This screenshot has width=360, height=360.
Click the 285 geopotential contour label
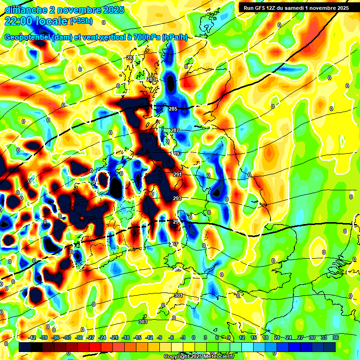click(x=173, y=109)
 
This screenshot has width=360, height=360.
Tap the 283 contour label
click(x=151, y=80)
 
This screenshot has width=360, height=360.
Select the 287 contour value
click(x=175, y=130)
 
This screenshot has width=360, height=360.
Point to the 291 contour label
click(x=178, y=174)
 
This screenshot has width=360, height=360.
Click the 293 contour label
click(x=177, y=198)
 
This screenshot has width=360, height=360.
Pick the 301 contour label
click(x=178, y=295)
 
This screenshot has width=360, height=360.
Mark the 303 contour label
click(x=143, y=322)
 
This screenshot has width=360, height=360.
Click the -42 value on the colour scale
click(x=32, y=337)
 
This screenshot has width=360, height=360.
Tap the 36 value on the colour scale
click(x=336, y=337)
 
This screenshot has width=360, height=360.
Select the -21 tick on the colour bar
click(x=114, y=337)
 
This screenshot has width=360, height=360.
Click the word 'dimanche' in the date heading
click(x=22, y=9)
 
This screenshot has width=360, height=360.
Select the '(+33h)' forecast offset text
click(x=81, y=21)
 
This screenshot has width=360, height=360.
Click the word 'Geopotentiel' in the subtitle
click(x=27, y=37)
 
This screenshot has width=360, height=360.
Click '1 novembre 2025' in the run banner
click(x=324, y=7)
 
